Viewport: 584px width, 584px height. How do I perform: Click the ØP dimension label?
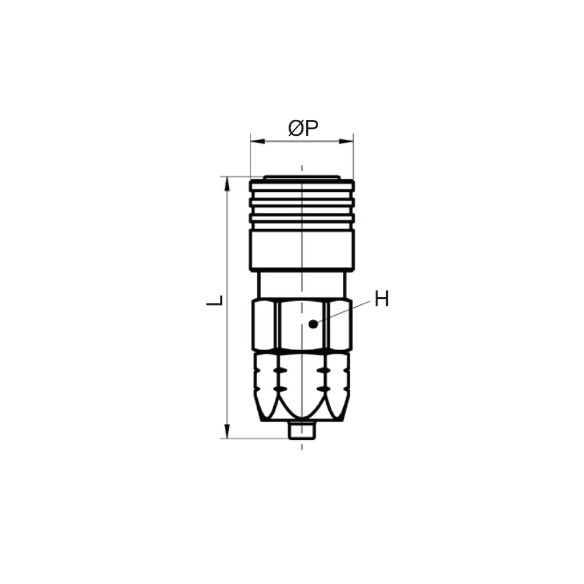point(303,128)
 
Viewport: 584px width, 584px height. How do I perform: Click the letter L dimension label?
point(215,300)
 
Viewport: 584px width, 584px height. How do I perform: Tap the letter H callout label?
point(382,299)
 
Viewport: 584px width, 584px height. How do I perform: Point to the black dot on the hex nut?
point(314,324)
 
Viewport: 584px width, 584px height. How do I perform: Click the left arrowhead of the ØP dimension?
point(258,141)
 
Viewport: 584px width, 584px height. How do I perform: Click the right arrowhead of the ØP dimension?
point(346,141)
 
